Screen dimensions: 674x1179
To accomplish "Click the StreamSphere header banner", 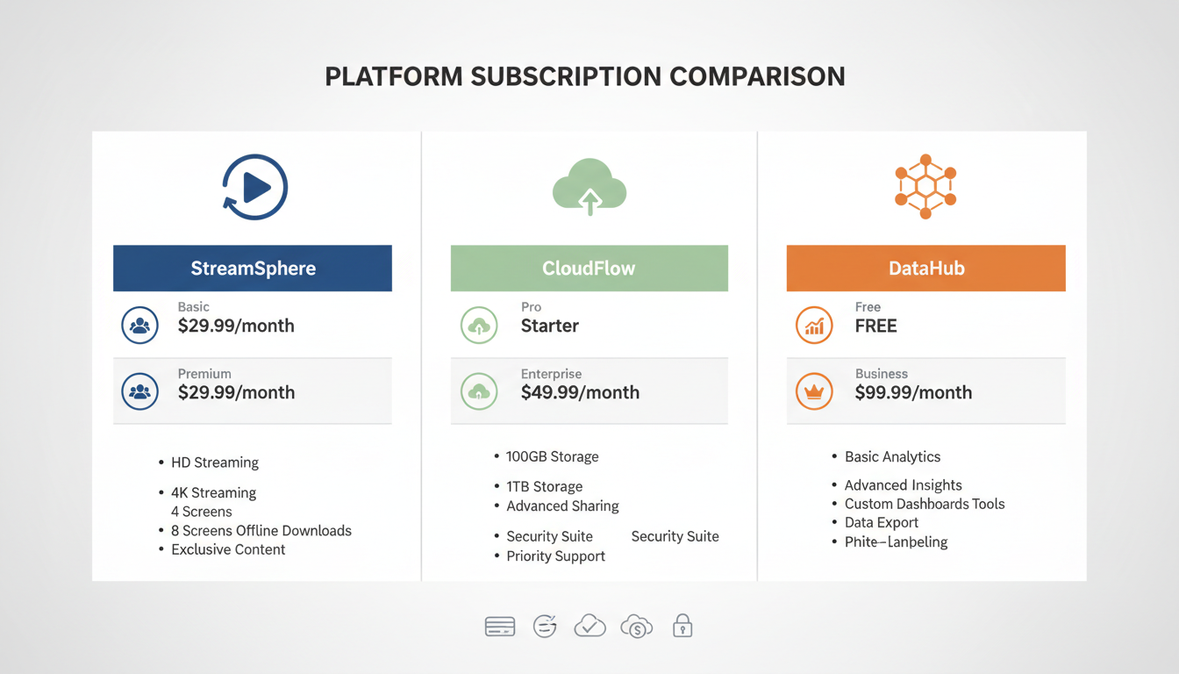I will coord(253,269).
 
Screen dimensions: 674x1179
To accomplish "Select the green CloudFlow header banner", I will coord(589,269).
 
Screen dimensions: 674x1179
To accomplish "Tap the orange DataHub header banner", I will coord(925,269).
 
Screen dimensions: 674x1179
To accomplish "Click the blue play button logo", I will coord(254,187).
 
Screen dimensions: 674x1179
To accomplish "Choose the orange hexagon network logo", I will coord(925,187).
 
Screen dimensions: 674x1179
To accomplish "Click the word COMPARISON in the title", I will coord(757,76).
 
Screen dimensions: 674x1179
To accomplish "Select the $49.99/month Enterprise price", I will coord(580,392).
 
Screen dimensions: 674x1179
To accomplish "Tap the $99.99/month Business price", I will coord(913,392).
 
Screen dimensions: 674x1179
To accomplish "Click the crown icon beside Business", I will coord(813,391).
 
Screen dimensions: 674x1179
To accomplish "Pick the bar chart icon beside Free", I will coord(813,326).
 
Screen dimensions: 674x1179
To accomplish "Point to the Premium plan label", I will coord(204,374).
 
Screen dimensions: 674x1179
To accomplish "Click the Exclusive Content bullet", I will coord(228,549).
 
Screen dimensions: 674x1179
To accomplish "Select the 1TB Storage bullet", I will coord(544,486).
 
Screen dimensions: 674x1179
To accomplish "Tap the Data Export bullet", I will coord(881,522).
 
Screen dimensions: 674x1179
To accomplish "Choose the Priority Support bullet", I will coord(555,556).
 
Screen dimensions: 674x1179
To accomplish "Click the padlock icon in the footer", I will coord(682,626).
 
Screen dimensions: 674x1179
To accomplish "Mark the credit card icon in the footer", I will coord(500,626).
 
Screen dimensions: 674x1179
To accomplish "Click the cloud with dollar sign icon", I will coord(636,626).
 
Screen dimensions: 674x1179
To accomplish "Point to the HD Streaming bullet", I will coord(215,462).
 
